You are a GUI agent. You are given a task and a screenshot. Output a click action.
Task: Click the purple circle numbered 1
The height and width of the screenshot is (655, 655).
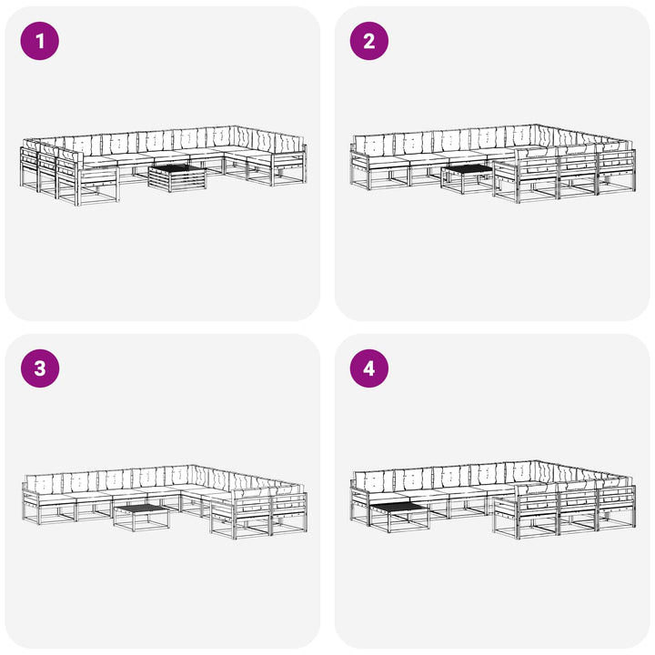(40, 41)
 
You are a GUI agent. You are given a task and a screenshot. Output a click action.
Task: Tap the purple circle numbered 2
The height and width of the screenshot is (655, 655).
(368, 41)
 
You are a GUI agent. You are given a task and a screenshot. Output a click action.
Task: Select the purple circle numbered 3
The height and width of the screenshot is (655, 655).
(40, 368)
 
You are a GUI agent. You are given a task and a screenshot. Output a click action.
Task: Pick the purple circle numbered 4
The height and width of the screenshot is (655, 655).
(368, 368)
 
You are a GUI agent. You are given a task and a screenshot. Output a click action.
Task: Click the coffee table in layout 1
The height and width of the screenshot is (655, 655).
(177, 178)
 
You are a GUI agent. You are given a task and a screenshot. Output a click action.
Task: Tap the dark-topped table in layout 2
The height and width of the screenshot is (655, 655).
(468, 179)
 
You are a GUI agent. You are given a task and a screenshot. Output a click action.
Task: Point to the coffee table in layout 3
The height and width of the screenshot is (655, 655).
(142, 518)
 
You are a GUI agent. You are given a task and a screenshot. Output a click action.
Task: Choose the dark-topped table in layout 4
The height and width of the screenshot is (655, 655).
(399, 517)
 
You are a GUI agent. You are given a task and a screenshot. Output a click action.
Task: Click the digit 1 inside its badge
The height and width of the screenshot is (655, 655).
(40, 41)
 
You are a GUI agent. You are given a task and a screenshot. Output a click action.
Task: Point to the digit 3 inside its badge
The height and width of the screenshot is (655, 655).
(40, 368)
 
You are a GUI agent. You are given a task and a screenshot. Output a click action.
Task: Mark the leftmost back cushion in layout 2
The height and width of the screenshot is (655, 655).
(373, 145)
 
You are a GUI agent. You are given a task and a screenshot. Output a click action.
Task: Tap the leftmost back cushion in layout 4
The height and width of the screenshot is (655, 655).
(373, 481)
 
